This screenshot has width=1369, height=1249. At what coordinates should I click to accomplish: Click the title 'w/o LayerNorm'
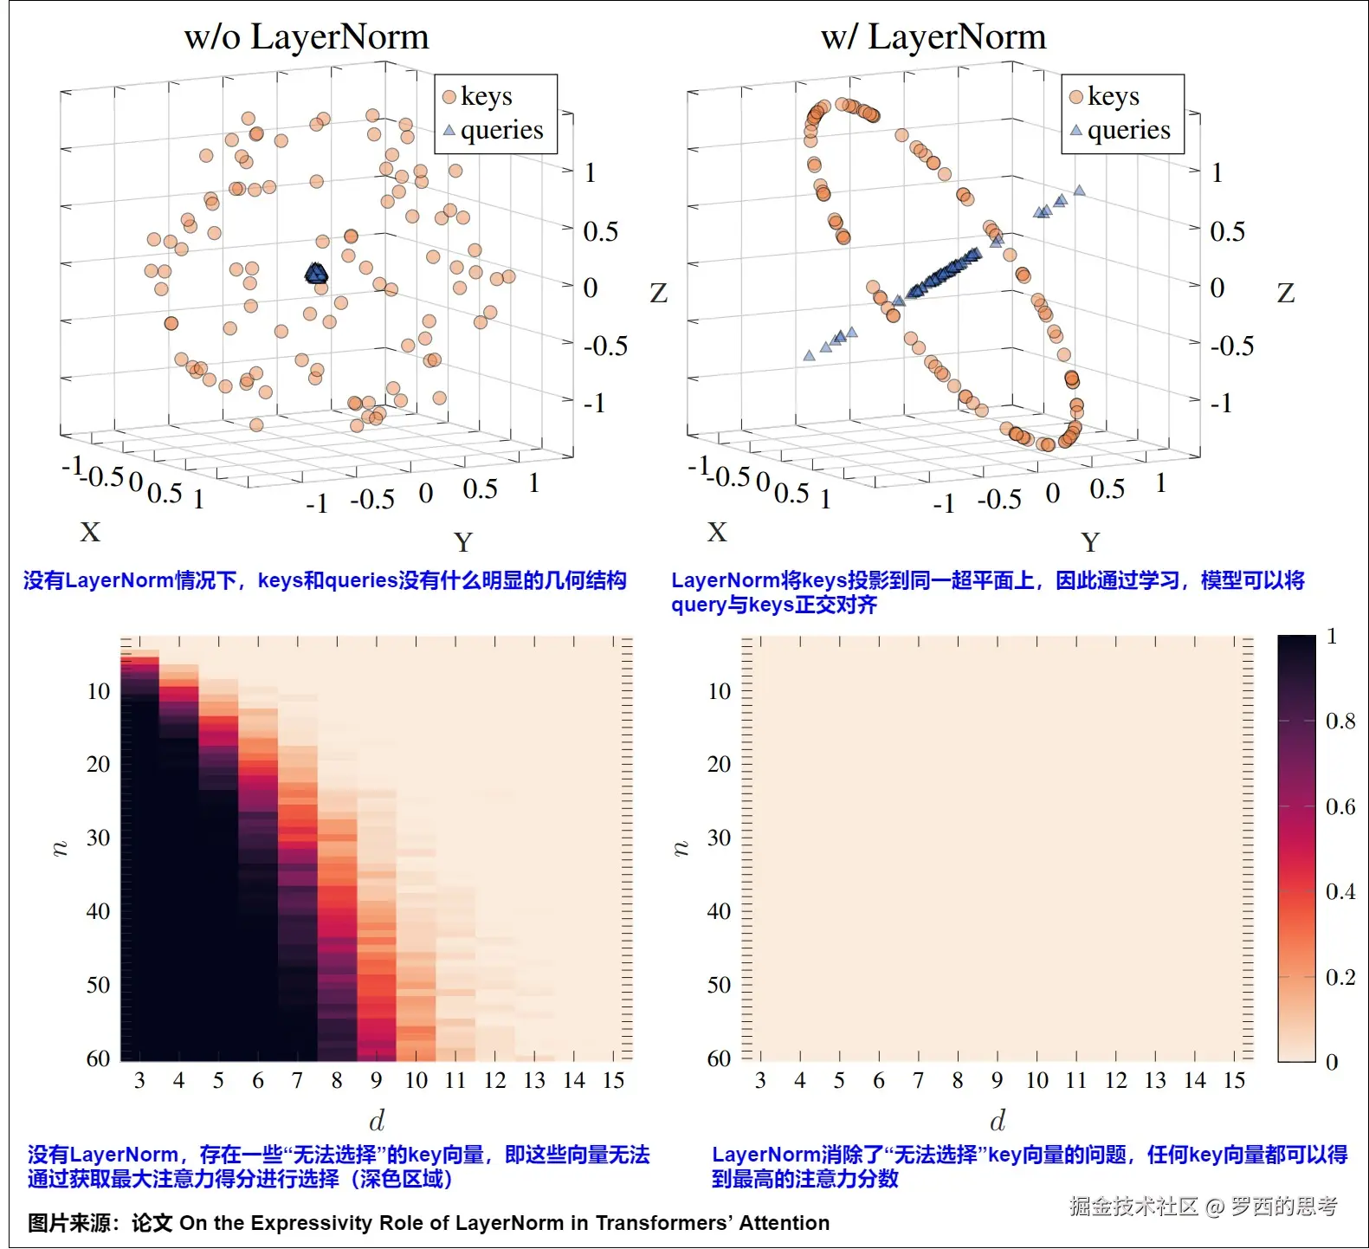[x=307, y=37]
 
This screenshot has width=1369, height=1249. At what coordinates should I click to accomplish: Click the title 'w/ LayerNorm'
[x=933, y=37]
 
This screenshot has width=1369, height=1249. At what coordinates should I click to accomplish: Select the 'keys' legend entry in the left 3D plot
[x=485, y=96]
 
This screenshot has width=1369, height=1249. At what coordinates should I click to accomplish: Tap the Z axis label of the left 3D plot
[x=658, y=294]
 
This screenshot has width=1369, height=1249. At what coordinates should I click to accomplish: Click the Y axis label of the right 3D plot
[x=1090, y=542]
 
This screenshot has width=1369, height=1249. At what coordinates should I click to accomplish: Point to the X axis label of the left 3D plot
[x=90, y=532]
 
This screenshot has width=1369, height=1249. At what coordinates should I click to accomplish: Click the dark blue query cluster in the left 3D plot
[x=317, y=275]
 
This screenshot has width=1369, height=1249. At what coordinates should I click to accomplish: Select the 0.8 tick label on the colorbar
[x=1340, y=721]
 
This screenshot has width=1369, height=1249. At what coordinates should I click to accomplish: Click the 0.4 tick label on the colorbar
[x=1340, y=891]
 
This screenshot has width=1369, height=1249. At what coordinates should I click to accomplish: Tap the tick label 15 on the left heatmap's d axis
[x=613, y=1080]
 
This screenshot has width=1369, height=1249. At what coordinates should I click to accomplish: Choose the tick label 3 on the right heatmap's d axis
[x=760, y=1080]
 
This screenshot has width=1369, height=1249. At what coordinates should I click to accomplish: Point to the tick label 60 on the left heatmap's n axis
[x=98, y=1058]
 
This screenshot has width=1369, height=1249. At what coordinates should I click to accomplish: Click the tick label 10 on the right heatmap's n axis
[x=719, y=691]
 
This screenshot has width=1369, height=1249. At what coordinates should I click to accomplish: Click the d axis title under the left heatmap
[x=377, y=1121]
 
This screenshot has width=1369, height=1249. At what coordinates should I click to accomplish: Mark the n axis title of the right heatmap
[x=681, y=847]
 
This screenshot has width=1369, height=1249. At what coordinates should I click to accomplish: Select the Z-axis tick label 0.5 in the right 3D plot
[x=1227, y=231]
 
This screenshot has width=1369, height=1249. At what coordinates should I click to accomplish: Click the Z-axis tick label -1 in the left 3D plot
[x=594, y=404]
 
